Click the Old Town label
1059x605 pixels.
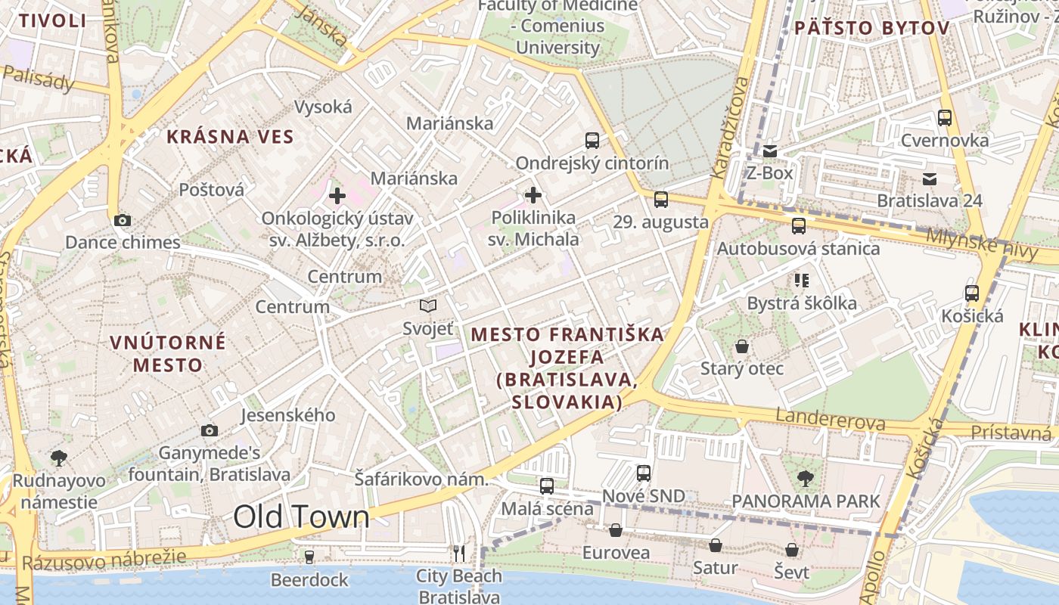pyautogui.click(x=301, y=517)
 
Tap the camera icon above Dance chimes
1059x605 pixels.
pyautogui.click(x=122, y=221)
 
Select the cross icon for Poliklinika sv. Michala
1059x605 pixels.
pyautogui.click(x=533, y=195)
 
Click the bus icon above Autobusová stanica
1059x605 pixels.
pyautogui.click(x=799, y=225)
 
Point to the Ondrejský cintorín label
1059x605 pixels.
pyautogui.click(x=592, y=163)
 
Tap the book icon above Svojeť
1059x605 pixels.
pyautogui.click(x=428, y=306)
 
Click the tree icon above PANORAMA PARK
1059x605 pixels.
pyautogui.click(x=806, y=478)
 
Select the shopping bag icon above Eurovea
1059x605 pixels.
pyautogui.click(x=616, y=530)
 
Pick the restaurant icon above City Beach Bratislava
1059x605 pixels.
pyautogui.click(x=459, y=554)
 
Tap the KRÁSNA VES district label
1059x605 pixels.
pyautogui.click(x=229, y=137)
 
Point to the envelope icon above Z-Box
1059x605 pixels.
pyautogui.click(x=770, y=151)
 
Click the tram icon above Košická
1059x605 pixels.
pyautogui.click(x=972, y=293)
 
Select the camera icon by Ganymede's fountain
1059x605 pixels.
pyautogui.click(x=210, y=430)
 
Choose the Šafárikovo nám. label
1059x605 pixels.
pyautogui.click(x=421, y=479)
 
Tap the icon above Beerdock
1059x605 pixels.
pyautogui.click(x=309, y=557)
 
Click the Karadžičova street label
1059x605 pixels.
pyautogui.click(x=730, y=127)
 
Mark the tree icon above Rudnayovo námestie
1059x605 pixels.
pyautogui.click(x=58, y=458)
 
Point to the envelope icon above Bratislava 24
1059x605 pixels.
pyautogui.click(x=930, y=179)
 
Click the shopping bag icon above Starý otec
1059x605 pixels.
pyautogui.click(x=742, y=346)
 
